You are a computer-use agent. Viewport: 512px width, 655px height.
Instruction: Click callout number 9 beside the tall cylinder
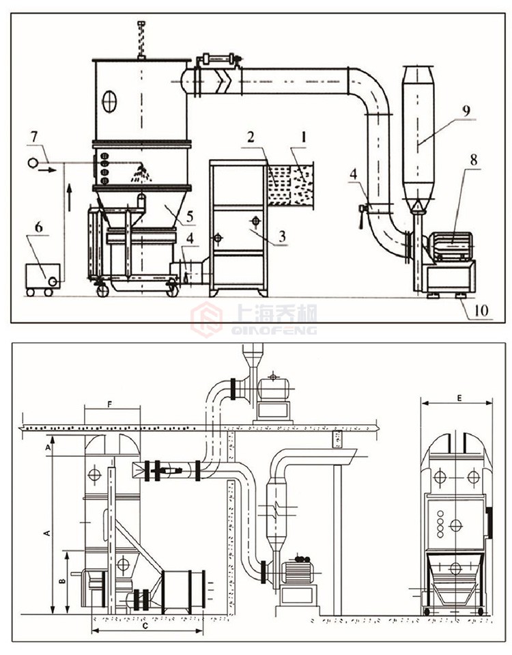[466, 109]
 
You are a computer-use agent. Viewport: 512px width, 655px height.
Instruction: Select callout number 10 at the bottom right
[478, 311]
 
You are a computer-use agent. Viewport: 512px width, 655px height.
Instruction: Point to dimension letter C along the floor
[145, 624]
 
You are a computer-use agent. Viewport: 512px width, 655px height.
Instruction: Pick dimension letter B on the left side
[62, 582]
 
